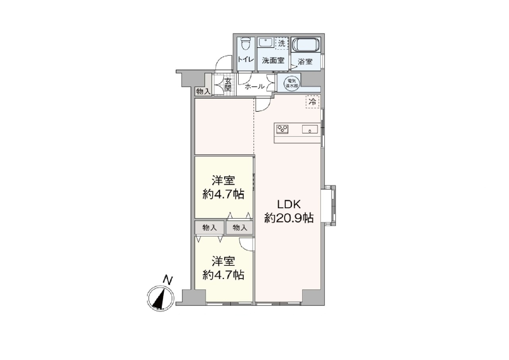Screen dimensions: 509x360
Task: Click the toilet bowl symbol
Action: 245,43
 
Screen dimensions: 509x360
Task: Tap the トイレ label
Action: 246,60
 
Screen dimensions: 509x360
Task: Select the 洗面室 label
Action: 273,60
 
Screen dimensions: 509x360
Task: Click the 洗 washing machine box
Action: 282,43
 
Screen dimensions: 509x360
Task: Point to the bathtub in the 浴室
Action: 306,45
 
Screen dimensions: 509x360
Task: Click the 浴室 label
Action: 305,62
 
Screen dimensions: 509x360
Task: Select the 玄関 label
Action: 227,84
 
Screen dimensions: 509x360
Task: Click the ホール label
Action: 254,86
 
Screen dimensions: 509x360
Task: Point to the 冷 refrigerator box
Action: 313,101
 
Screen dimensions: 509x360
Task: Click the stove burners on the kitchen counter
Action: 282,129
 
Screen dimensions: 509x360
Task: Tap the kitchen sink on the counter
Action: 310,129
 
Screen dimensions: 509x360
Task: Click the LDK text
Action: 289,204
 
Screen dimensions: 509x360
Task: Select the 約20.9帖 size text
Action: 289,218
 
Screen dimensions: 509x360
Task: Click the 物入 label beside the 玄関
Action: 203,91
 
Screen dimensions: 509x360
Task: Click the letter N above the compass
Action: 168,280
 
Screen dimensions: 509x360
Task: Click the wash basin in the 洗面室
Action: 265,42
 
